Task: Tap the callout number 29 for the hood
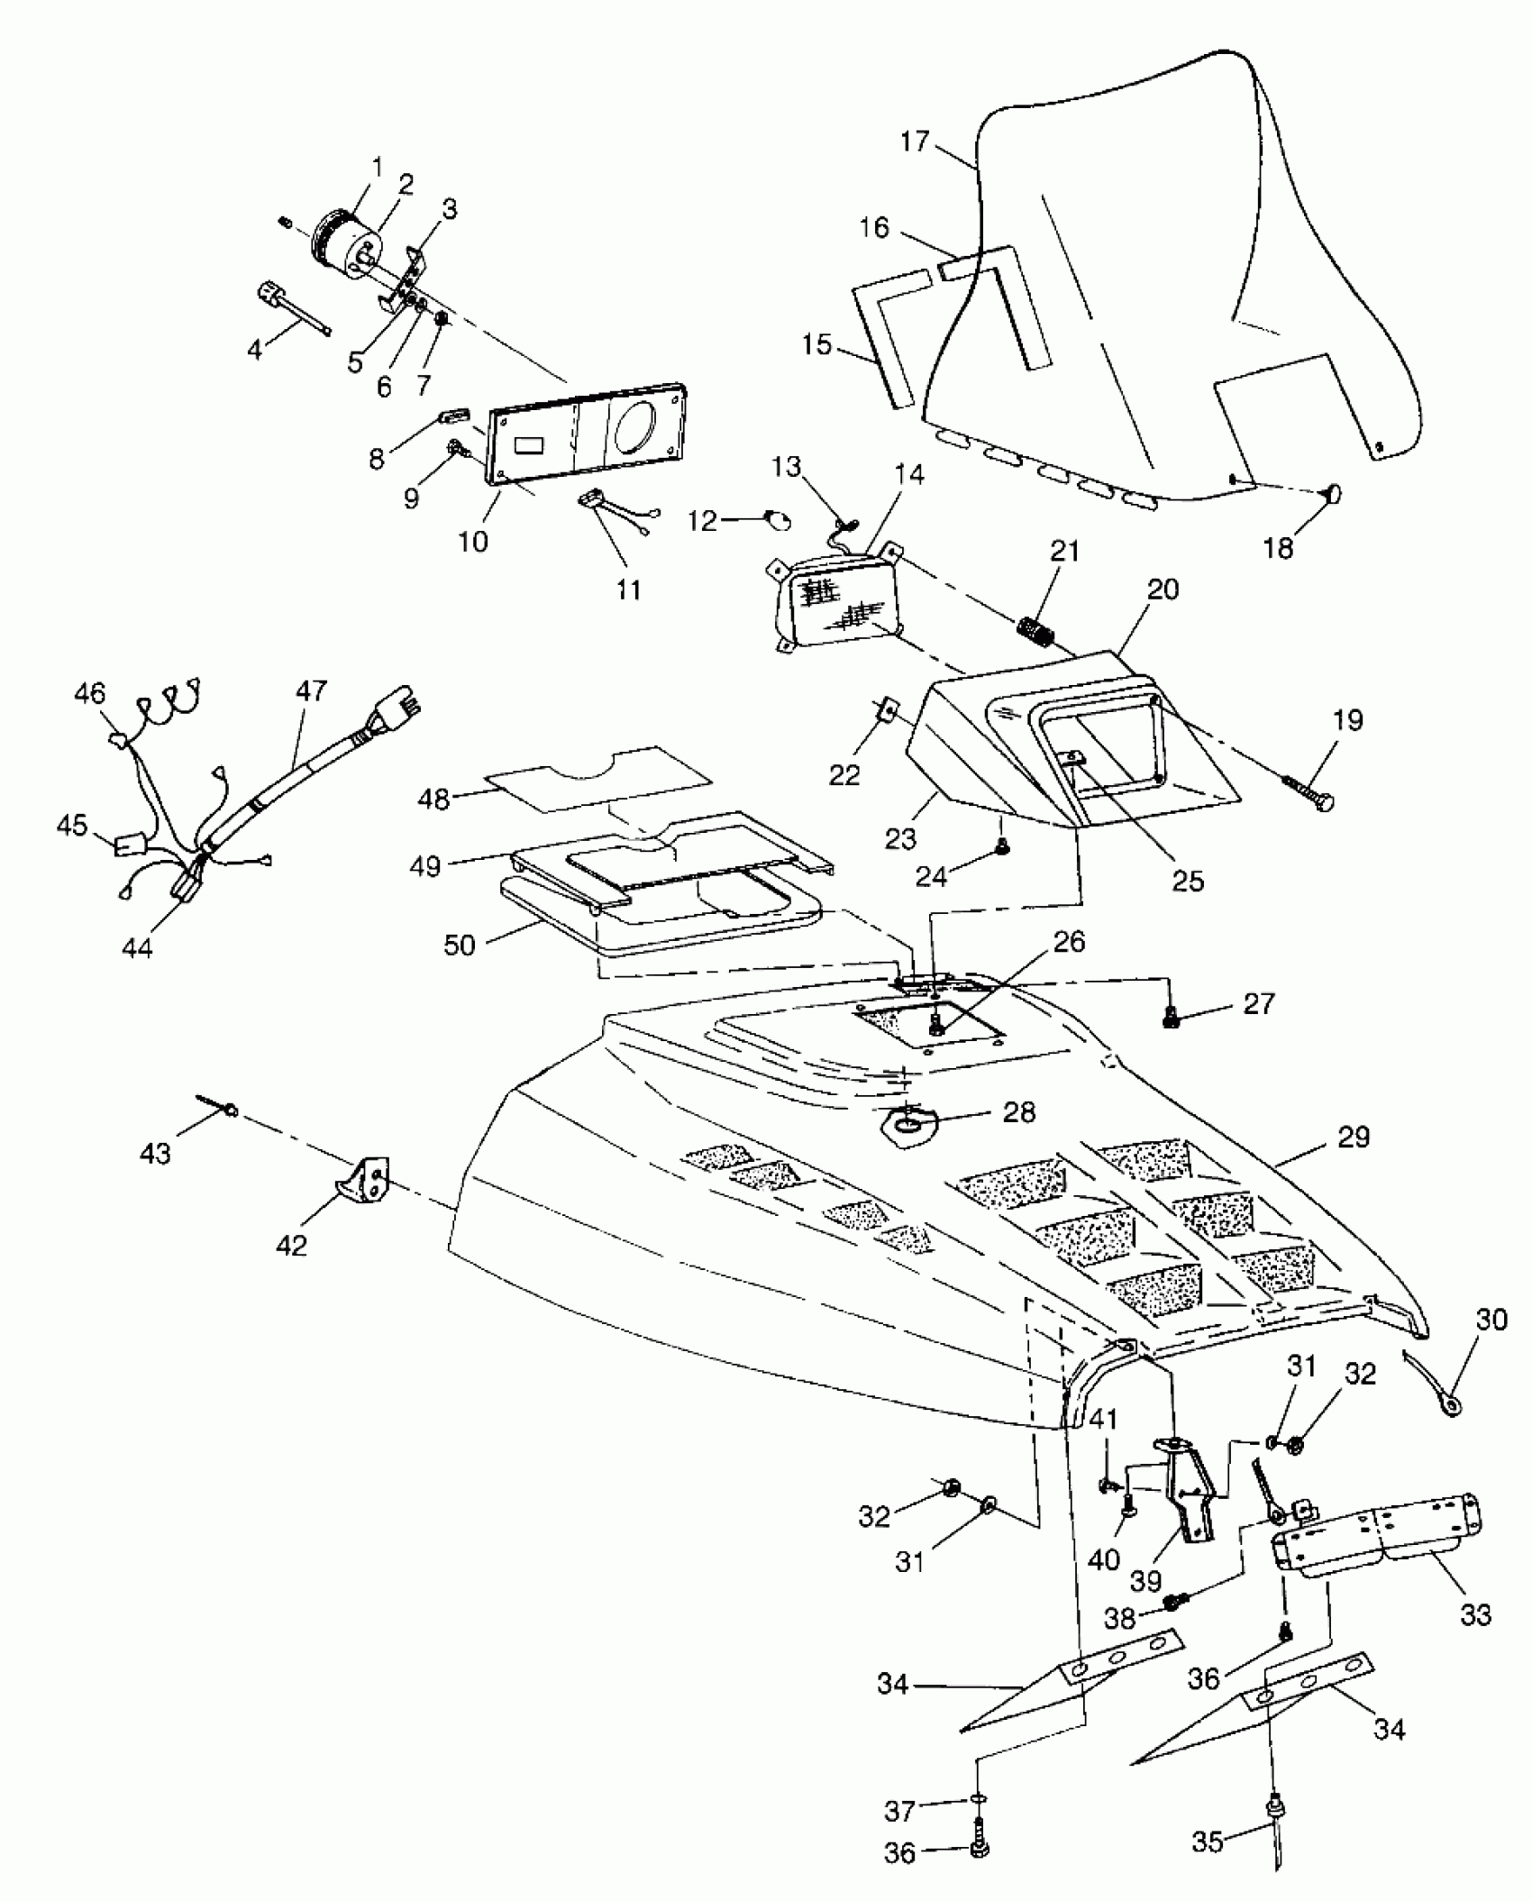point(1354,1138)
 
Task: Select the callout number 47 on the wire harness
point(311,691)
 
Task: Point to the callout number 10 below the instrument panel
point(472,541)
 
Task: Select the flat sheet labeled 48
point(595,778)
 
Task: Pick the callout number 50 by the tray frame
point(460,946)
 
